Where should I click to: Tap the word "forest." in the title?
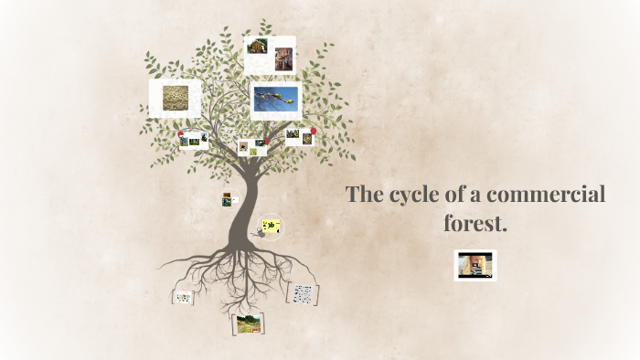coord(474,222)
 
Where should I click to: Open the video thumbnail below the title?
coord(475,265)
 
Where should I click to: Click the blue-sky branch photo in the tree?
coord(276,100)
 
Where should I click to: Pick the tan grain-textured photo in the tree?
coord(175,97)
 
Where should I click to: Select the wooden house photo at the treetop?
coord(258,47)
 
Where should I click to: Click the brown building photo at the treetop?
coord(283,58)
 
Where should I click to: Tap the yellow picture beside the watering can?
coord(272,225)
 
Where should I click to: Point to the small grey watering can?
coord(261,232)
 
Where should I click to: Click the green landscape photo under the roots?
coord(248,323)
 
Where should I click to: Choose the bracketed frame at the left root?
coord(184,297)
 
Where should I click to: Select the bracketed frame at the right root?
coord(303,294)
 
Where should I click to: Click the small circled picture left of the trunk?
coord(226,199)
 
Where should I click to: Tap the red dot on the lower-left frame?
coord(182,133)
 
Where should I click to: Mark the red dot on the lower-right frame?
coord(314,131)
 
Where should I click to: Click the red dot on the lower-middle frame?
coord(265,142)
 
